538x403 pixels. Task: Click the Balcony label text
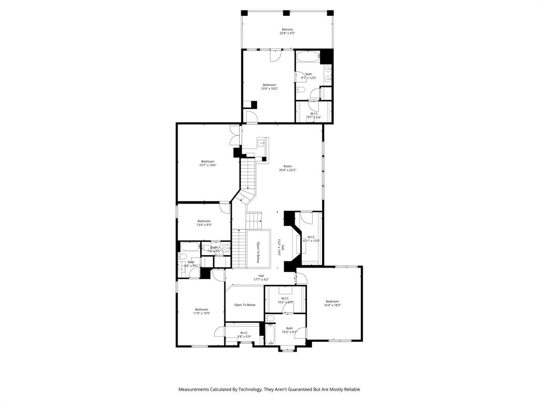[287, 29]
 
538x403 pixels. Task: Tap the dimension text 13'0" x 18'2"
[269, 89]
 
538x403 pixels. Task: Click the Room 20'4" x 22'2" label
[287, 166]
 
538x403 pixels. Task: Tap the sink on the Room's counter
[261, 143]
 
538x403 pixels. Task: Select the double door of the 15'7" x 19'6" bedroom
[235, 137]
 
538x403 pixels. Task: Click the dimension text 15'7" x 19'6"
[208, 165]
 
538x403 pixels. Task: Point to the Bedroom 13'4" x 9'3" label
[204, 221]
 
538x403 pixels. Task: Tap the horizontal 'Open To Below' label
[245, 305]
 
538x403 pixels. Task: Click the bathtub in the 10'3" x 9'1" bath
[271, 335]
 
